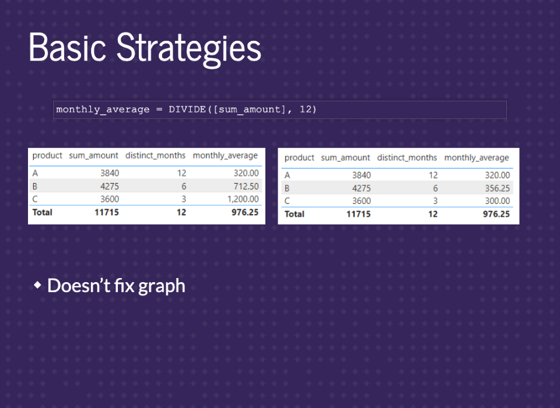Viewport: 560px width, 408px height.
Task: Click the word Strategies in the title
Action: click(x=189, y=48)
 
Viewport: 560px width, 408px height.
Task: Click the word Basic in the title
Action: click(x=68, y=47)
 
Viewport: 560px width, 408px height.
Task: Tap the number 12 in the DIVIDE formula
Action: click(x=304, y=109)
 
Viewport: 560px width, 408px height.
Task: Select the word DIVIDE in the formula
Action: click(x=187, y=109)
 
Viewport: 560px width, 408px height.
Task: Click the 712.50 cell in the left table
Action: click(x=246, y=187)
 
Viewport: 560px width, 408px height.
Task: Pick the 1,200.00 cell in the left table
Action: click(x=243, y=199)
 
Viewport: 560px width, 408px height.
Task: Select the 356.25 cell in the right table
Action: click(x=498, y=188)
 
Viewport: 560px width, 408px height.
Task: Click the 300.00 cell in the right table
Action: click(x=498, y=201)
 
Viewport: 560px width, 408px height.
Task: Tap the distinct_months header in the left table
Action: click(x=155, y=156)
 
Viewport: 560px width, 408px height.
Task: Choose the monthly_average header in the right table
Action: click(x=477, y=158)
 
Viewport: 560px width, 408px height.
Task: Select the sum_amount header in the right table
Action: click(x=345, y=158)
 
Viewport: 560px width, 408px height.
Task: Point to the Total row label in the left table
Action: click(x=42, y=212)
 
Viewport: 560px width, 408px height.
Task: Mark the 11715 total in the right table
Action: click(x=359, y=214)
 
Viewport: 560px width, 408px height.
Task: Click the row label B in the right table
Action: click(x=287, y=188)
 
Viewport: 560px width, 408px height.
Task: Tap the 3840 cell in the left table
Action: click(x=110, y=173)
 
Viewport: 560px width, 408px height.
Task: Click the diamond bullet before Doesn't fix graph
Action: click(x=37, y=285)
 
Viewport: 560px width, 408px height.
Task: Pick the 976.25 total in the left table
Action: click(x=245, y=212)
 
